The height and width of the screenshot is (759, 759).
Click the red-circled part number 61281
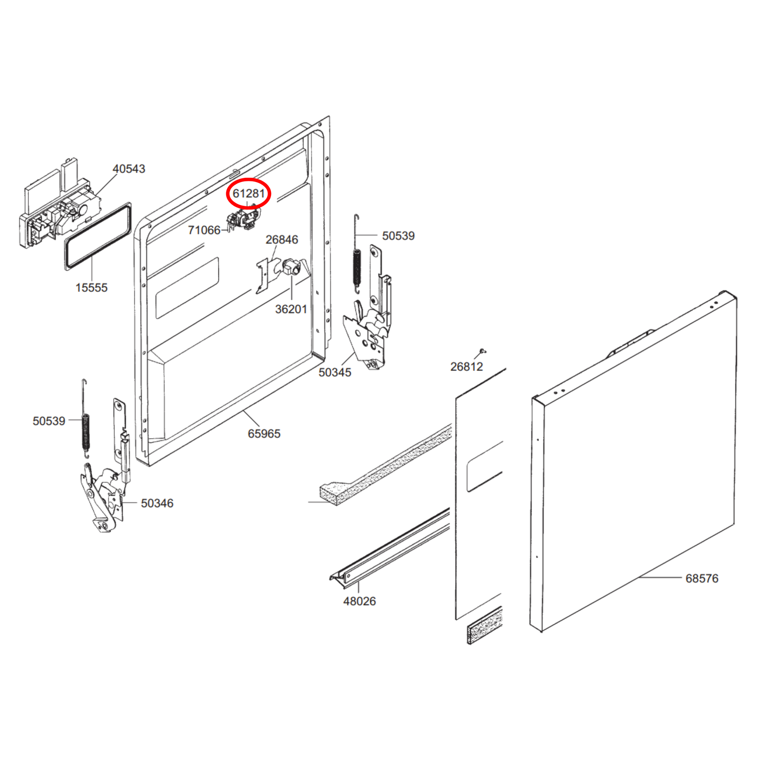pos(249,193)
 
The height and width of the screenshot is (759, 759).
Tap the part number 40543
pos(129,168)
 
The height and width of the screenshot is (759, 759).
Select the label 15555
pos(91,287)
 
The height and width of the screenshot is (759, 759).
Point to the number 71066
pos(204,230)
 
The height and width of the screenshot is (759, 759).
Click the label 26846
pos(282,239)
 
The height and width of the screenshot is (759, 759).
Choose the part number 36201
pos(291,309)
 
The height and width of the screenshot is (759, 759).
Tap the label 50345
pos(335,372)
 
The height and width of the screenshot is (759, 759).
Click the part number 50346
pos(157,503)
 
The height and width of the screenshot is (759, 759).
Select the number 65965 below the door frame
pos(264,433)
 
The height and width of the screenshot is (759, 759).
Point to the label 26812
pos(466,367)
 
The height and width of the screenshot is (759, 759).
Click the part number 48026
pos(360,601)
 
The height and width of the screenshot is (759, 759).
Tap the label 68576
pos(702,578)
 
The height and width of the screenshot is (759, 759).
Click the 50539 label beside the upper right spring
pos(398,236)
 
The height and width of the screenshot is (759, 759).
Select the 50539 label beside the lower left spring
pos(49,421)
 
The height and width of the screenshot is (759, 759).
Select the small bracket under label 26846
pos(262,276)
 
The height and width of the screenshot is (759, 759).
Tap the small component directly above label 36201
pos(291,268)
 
